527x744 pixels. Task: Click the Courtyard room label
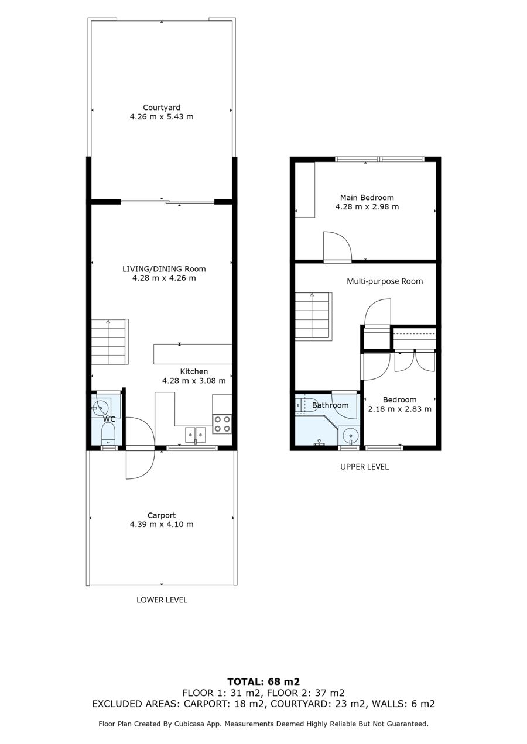point(162,108)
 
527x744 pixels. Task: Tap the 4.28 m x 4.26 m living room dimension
point(165,278)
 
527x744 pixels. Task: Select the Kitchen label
point(194,371)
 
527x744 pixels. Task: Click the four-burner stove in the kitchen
point(222,424)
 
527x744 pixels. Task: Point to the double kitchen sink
point(196,435)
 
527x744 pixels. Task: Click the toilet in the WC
point(108,435)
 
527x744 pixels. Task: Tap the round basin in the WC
point(100,407)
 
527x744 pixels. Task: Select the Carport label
point(162,515)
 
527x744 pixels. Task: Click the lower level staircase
point(110,342)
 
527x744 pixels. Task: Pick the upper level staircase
point(313,316)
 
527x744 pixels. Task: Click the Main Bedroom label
point(367,198)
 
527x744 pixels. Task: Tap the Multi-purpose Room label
point(385,281)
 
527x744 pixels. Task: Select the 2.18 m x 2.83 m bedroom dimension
point(400,409)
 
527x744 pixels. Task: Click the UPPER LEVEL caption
point(364,467)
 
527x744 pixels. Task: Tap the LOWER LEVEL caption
point(162,600)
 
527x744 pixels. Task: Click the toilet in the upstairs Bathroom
point(307,405)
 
